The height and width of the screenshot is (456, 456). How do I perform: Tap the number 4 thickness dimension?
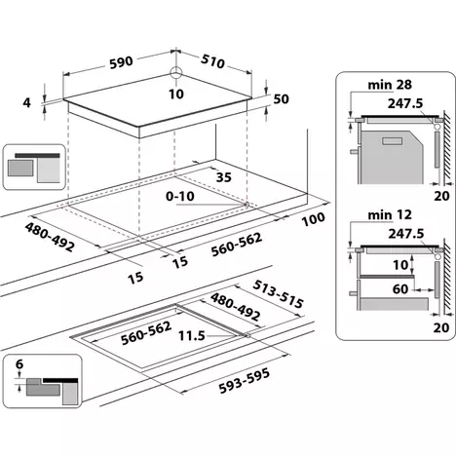tap(28, 102)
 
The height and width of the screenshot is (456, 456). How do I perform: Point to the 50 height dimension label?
tap(282, 99)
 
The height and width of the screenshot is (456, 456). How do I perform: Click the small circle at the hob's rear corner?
tap(176, 73)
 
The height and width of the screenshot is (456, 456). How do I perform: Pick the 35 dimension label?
tap(224, 177)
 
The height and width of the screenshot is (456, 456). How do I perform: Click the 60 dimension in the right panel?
tap(401, 288)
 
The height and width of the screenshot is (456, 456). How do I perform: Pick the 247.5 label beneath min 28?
tap(393, 104)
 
